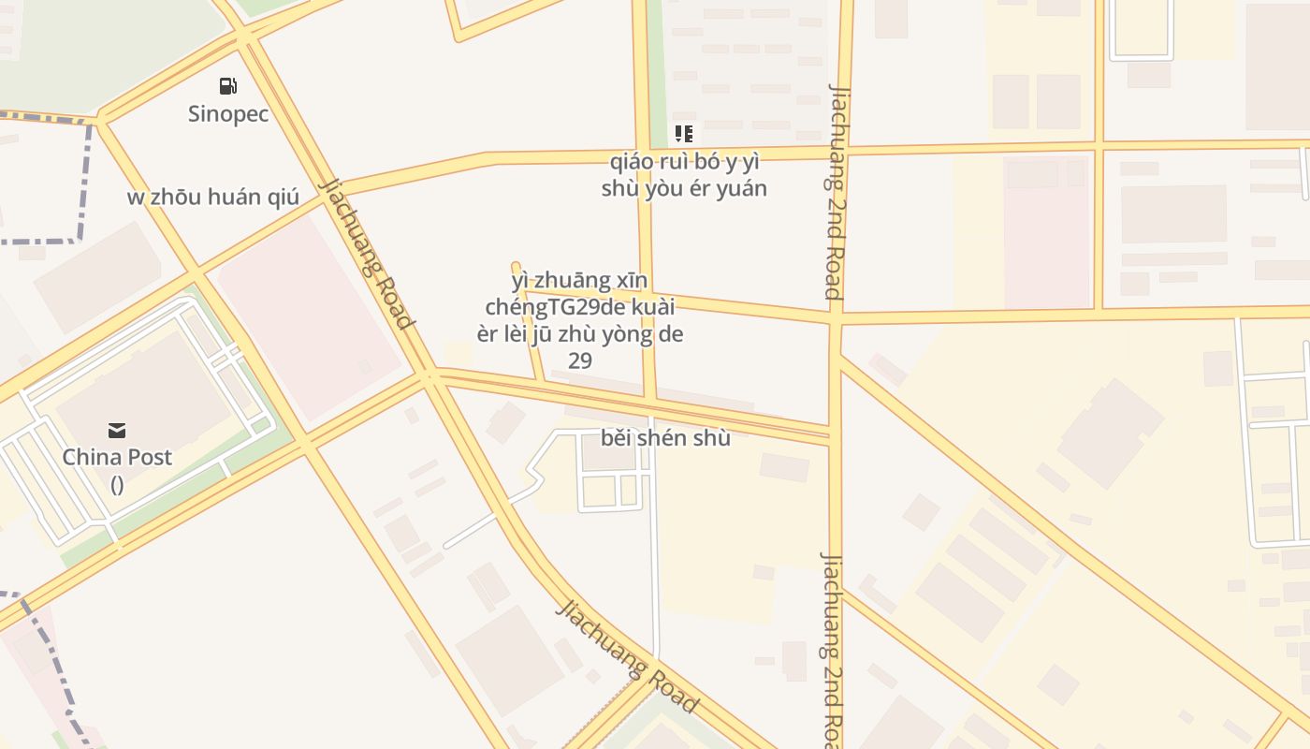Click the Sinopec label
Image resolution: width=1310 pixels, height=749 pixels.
228,114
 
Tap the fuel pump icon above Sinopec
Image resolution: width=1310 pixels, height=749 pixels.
227,86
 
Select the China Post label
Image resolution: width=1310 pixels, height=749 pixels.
117,457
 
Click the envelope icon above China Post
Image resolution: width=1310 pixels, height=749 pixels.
117,431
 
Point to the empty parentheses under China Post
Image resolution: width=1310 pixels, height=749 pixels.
117,484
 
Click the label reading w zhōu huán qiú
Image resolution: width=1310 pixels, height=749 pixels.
213,198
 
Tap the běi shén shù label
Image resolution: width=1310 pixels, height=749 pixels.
665,437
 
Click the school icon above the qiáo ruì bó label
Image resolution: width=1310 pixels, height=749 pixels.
684,134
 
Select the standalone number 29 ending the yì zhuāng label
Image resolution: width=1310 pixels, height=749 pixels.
580,360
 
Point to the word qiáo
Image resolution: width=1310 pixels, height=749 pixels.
631,161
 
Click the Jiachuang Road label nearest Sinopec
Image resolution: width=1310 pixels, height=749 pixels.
368,254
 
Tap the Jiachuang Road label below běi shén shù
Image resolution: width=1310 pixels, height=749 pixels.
628,655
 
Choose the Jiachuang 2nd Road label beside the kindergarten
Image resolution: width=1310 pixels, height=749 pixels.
836,191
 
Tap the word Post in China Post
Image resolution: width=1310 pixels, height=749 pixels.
148,457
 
